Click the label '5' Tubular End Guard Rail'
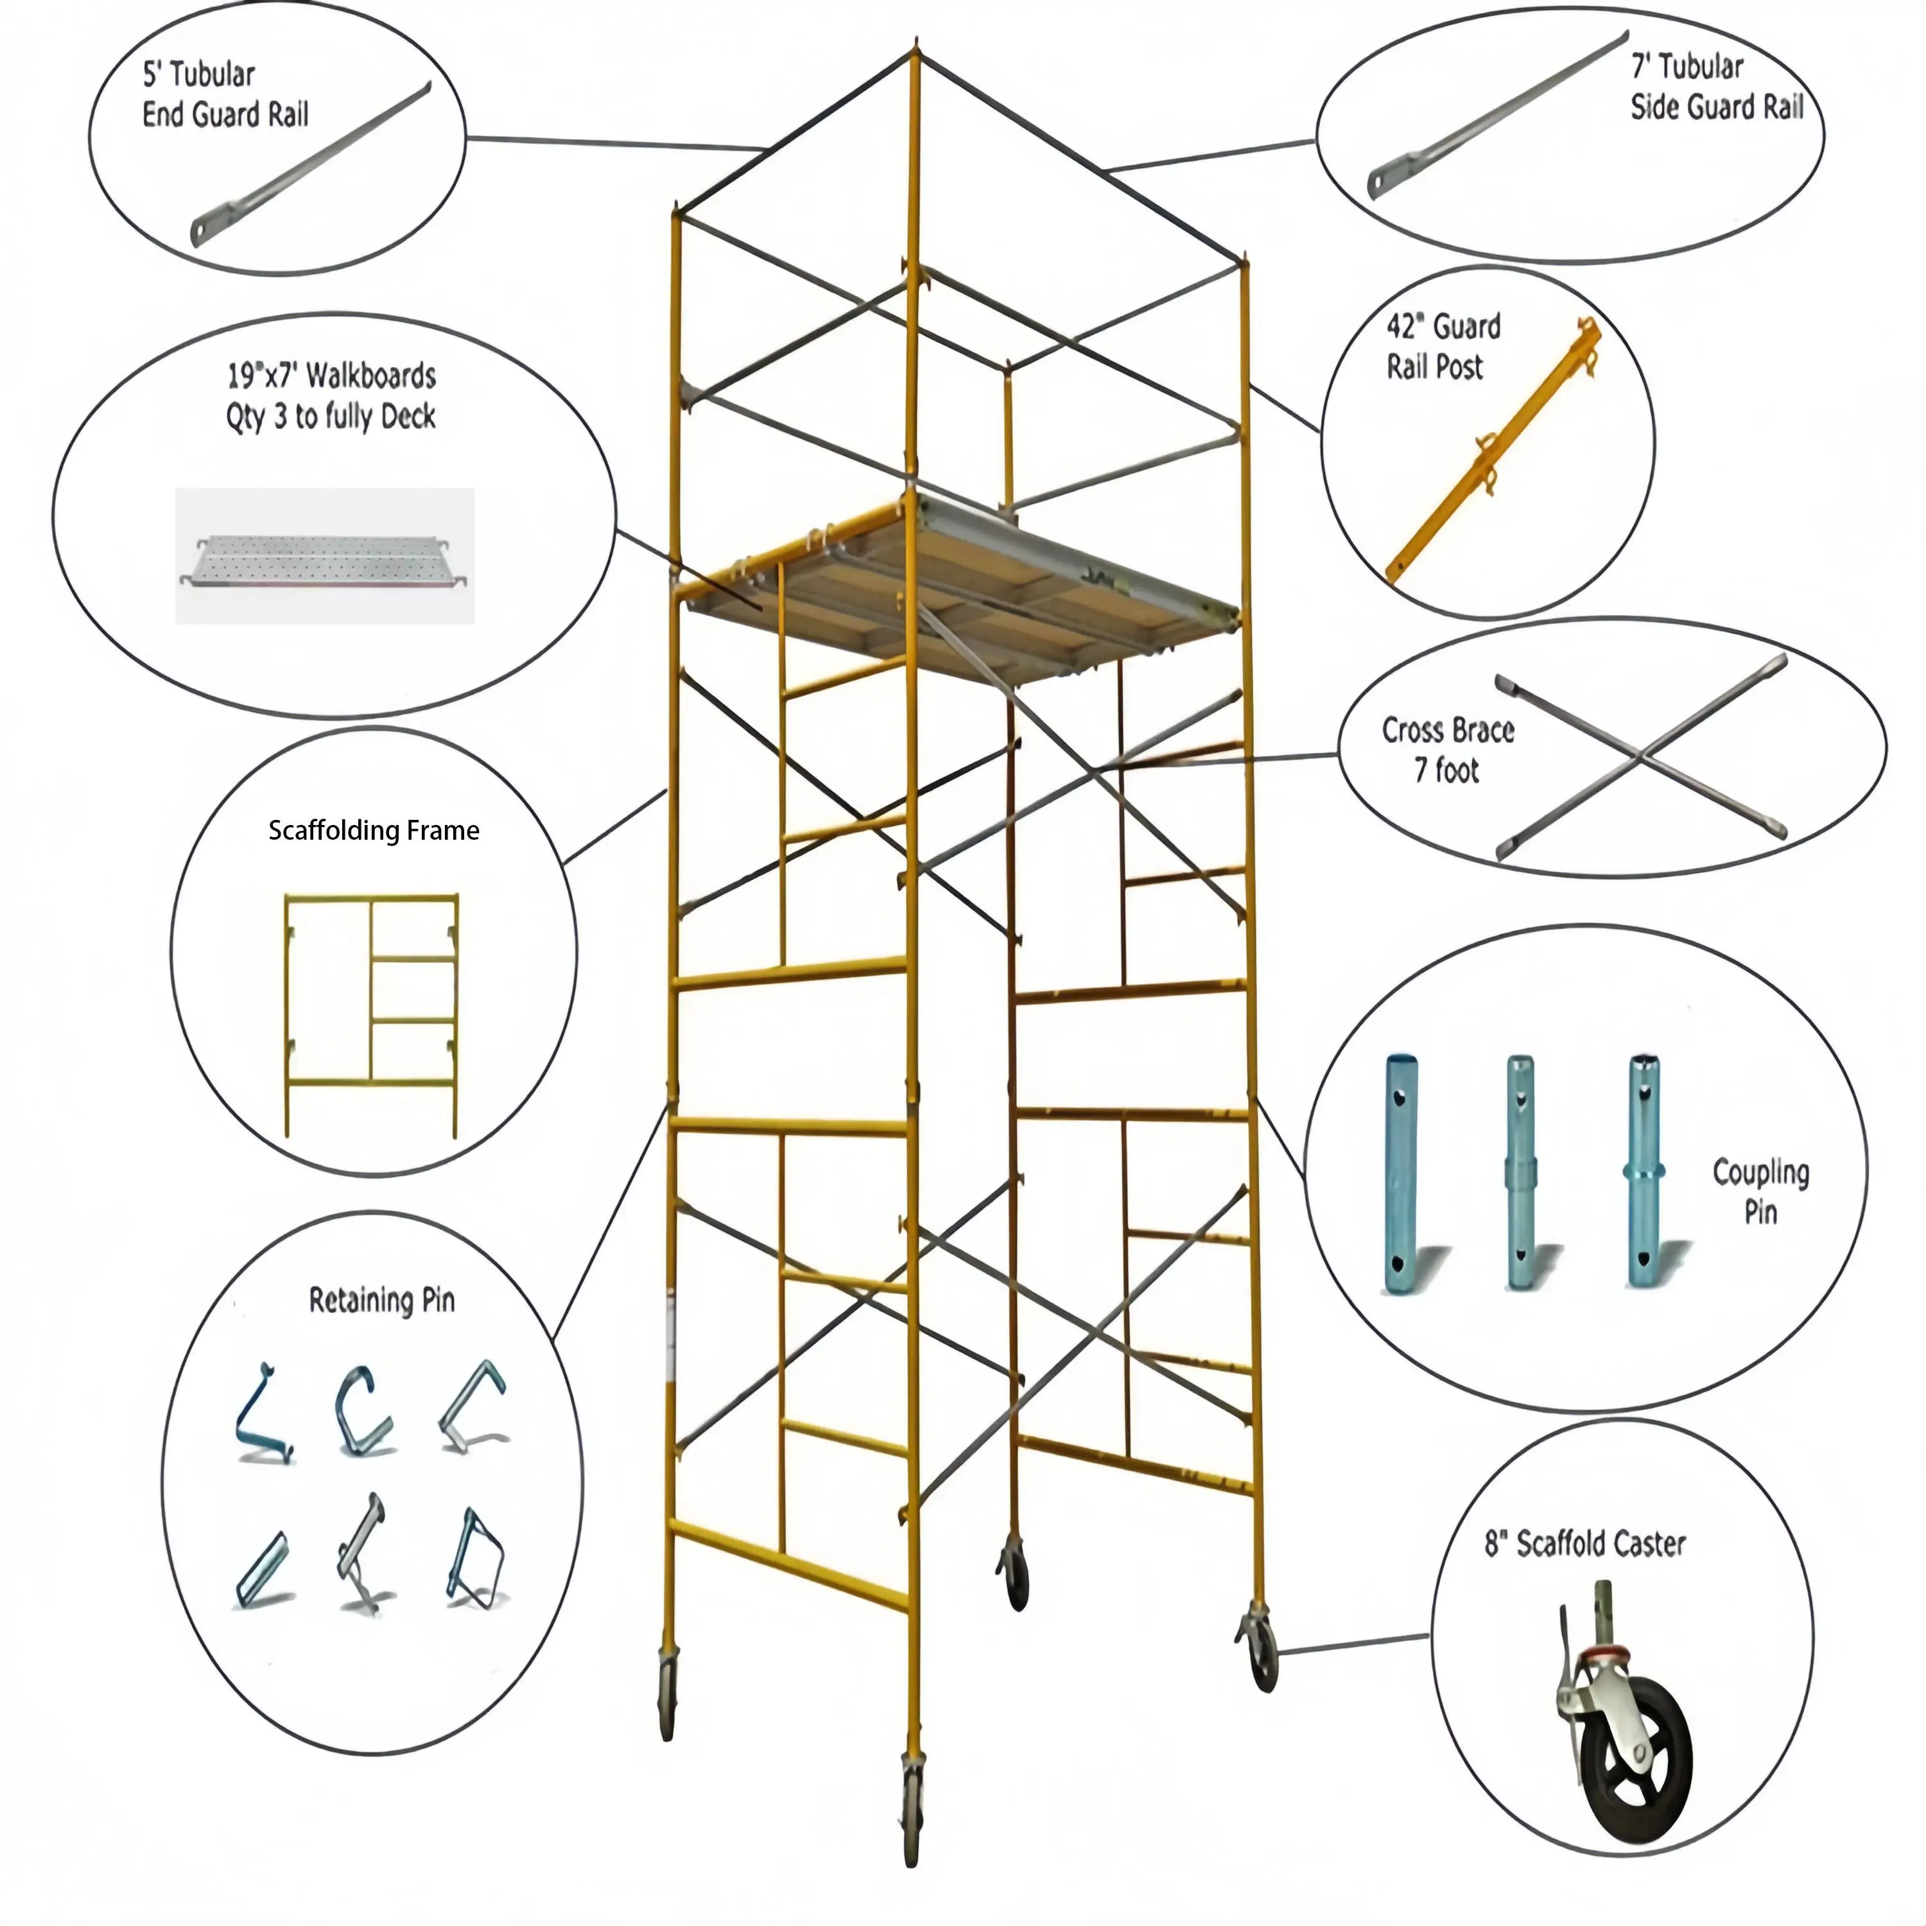(x=225, y=95)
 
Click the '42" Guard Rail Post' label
(x=1443, y=347)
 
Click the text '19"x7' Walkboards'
(x=331, y=376)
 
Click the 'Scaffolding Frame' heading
(x=374, y=830)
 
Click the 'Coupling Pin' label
(x=1760, y=1192)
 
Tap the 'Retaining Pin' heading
(x=382, y=1301)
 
